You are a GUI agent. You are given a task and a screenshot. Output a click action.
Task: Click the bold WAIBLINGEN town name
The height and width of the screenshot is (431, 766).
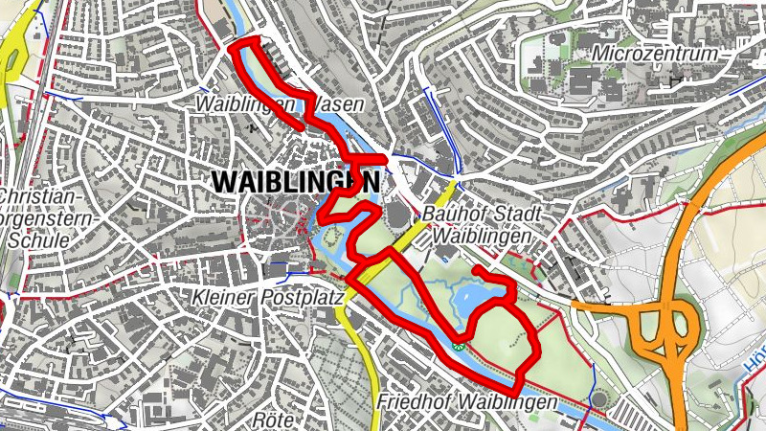(295, 180)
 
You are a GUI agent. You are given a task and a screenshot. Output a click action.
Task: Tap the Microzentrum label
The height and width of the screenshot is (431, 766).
(655, 54)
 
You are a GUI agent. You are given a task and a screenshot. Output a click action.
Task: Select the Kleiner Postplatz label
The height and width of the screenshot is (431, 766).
(267, 298)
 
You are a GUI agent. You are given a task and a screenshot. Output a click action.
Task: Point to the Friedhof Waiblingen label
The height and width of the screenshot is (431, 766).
(466, 402)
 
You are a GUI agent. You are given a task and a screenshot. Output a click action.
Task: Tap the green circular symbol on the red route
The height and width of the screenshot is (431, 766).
(461, 346)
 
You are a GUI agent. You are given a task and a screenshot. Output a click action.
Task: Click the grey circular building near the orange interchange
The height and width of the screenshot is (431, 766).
(599, 397)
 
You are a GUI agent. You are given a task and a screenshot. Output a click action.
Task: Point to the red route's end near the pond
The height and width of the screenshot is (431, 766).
(476, 271)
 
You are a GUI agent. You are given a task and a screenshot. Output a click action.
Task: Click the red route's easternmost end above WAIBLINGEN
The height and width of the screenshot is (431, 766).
(385, 157)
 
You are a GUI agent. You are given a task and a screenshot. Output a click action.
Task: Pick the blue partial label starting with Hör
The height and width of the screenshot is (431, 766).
(755, 368)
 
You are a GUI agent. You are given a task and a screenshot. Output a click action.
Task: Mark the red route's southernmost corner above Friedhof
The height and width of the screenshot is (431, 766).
(515, 392)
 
